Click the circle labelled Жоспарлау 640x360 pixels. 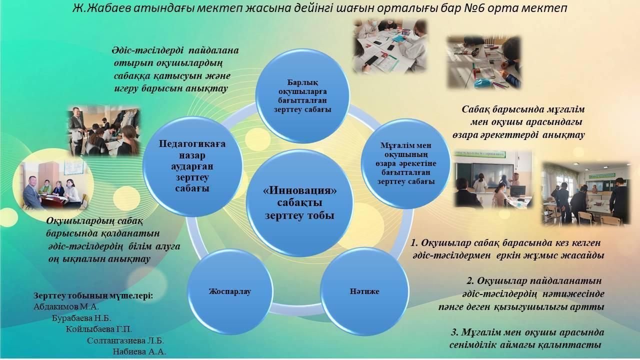pyautogui.click(x=230, y=291)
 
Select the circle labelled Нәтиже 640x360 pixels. pyautogui.click(x=364, y=291)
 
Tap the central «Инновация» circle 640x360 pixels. pyautogui.click(x=299, y=203)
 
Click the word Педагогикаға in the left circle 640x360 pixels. pyautogui.click(x=192, y=143)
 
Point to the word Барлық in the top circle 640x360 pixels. pyautogui.click(x=302, y=82)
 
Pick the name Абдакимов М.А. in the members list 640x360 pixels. pyautogui.click(x=66, y=307)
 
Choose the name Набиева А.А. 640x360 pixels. pyautogui.click(x=139, y=351)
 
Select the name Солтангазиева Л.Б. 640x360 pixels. pyautogui.click(x=125, y=340)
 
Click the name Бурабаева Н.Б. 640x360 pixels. pyautogui.click(x=81, y=318)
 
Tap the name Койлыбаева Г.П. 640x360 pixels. pyautogui.click(x=99, y=329)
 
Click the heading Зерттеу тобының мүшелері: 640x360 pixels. pyautogui.click(x=93, y=295)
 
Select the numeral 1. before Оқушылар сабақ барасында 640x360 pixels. pyautogui.click(x=414, y=243)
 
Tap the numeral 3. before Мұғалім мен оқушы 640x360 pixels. pyautogui.click(x=455, y=332)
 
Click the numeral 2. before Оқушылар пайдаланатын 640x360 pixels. pyautogui.click(x=470, y=281)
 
